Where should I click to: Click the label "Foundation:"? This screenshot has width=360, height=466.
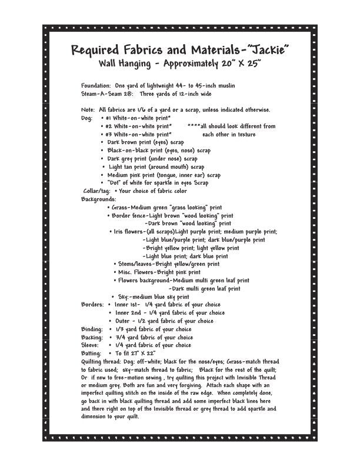tap(96, 86)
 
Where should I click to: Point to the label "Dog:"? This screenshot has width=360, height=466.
tap(87, 118)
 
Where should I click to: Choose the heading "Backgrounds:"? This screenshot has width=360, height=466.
tap(99, 199)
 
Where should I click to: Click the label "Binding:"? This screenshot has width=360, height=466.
tap(93, 329)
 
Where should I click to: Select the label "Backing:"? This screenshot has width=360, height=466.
tap(93, 338)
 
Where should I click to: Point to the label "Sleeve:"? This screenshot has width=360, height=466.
tap(92, 345)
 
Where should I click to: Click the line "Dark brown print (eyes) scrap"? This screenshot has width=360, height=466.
tap(146, 142)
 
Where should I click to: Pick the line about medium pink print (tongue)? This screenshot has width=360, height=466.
tap(164, 175)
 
